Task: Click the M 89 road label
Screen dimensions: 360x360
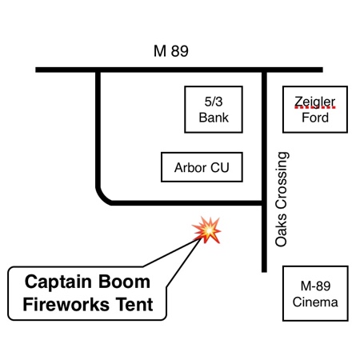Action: [171, 51]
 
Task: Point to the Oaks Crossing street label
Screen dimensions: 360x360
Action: [282, 199]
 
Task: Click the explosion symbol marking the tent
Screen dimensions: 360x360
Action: [207, 230]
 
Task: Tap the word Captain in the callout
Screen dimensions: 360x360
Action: [58, 282]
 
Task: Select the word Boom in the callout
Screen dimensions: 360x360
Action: [124, 282]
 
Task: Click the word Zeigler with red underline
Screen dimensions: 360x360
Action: [315, 102]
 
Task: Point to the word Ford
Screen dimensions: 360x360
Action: [315, 118]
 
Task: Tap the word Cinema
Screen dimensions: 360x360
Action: [315, 302]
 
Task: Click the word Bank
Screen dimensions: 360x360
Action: [214, 118]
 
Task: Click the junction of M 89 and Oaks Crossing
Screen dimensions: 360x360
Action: [264, 70]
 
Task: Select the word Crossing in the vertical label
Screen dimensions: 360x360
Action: [282, 181]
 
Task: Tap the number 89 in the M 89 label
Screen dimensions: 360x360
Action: [180, 51]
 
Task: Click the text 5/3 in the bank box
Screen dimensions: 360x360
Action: [214, 102]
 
